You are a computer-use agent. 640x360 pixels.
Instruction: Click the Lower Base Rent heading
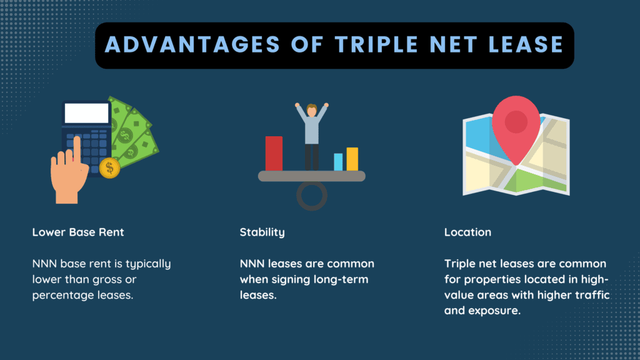pos(78,232)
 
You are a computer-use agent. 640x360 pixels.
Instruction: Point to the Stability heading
pos(262,232)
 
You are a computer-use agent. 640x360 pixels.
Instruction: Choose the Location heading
pos(467,232)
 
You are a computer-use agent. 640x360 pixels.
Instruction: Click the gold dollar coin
pos(109,167)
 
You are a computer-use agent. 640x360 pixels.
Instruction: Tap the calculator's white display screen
pos(86,113)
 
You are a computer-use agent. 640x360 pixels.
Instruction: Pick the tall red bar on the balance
pos(274,153)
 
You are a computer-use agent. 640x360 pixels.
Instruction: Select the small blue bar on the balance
pos(338,162)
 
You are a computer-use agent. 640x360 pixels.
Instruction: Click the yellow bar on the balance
pos(352,159)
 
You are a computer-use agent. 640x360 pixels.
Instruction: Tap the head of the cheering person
pos(312,111)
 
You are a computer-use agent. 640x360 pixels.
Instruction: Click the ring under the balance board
pos(312,195)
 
